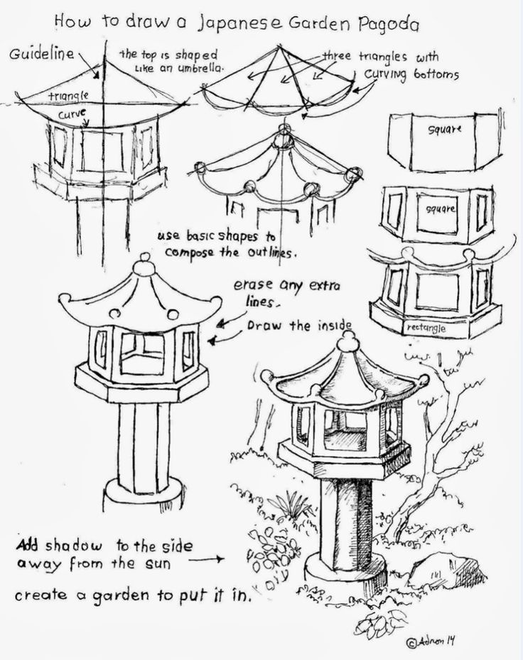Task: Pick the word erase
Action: coord(252,286)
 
